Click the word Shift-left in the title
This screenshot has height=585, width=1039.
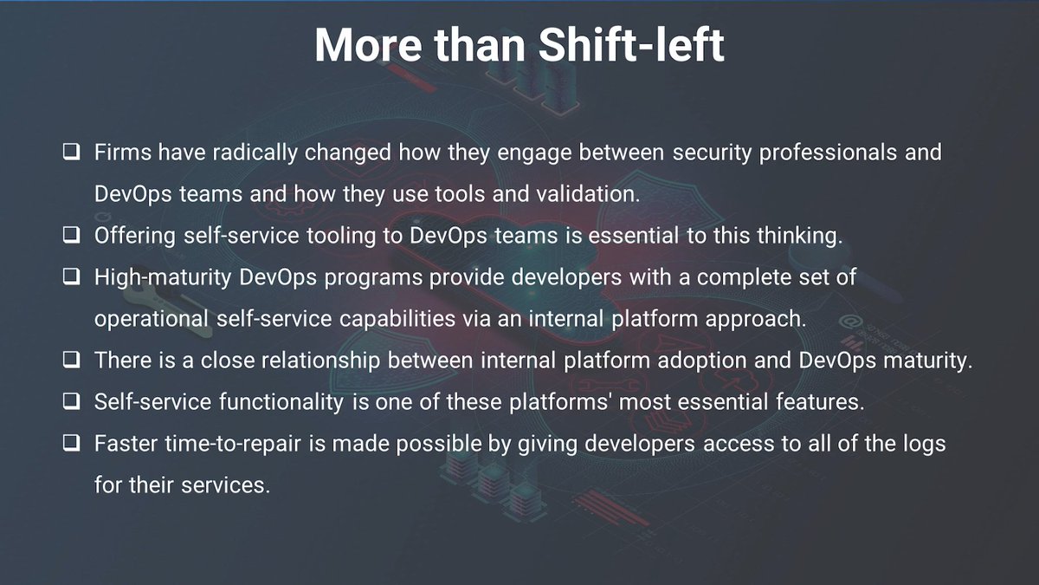coord(631,45)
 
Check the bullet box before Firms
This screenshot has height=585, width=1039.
coord(72,153)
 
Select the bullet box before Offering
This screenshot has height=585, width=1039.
coord(72,236)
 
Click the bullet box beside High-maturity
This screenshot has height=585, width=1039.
coord(72,277)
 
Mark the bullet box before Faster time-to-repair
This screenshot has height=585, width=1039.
coord(72,444)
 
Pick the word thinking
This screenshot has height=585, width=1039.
coord(797,236)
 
